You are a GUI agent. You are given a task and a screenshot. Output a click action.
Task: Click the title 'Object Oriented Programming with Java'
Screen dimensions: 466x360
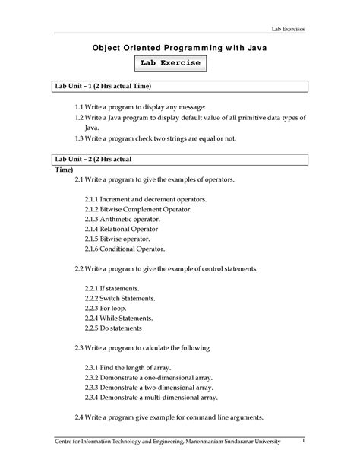click(x=179, y=47)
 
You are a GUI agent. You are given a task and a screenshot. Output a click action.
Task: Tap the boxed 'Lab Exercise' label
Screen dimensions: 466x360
click(x=170, y=63)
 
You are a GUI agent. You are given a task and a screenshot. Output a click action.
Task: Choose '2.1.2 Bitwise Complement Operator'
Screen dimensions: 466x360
click(x=138, y=208)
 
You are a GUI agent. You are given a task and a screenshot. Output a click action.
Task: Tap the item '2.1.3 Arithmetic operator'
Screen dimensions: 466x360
click(x=125, y=218)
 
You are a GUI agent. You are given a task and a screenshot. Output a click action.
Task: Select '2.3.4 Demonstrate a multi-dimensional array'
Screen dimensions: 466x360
click(x=151, y=397)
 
